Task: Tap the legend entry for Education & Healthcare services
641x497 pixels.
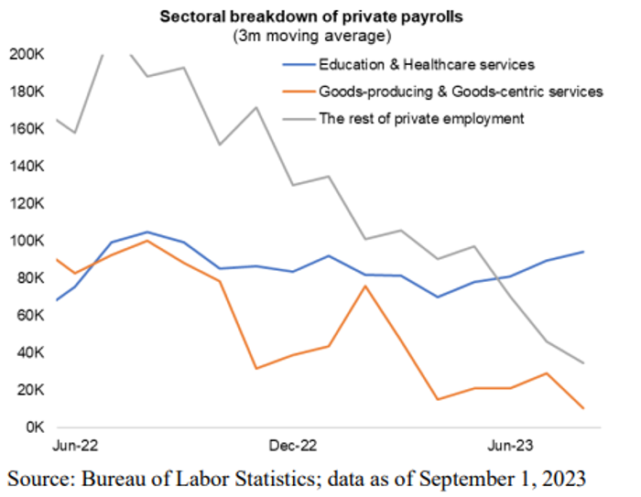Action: coord(426,65)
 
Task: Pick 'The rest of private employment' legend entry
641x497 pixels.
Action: coord(422,118)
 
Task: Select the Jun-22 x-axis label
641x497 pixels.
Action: coord(76,447)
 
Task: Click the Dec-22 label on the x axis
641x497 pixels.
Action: coord(294,447)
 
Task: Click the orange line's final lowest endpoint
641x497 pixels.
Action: coord(584,408)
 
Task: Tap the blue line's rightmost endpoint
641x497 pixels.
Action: coord(584,252)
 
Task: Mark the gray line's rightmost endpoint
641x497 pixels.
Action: coord(584,363)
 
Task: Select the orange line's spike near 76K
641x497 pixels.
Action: coord(365,286)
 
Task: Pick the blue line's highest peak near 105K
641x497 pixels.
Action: coord(147,232)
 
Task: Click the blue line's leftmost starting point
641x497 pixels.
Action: coord(57,300)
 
